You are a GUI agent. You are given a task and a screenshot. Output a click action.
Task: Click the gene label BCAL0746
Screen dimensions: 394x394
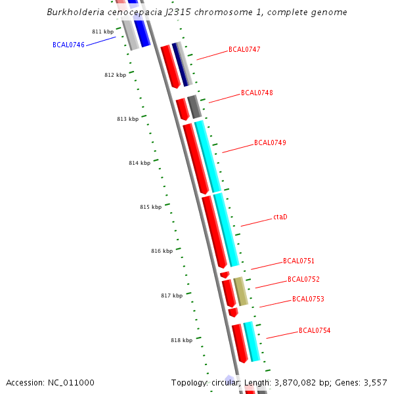point(68,45)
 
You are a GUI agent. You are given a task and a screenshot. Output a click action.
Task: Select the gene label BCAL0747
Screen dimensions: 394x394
point(244,49)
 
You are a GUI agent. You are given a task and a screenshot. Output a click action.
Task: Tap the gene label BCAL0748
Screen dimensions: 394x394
point(257,93)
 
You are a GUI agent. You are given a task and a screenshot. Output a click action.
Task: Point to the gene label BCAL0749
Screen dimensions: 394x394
point(270,142)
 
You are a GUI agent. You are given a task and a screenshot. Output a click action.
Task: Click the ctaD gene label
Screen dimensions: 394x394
point(280,217)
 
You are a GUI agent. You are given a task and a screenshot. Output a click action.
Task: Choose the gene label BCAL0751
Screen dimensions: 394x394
point(299,261)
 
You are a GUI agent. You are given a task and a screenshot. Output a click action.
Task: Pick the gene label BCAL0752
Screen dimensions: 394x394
point(303,279)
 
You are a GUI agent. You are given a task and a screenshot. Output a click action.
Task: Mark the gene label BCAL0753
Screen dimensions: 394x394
point(308,299)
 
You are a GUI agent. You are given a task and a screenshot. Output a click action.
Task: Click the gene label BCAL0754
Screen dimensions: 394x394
point(315,330)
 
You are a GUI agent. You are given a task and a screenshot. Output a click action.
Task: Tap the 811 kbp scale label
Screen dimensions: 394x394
point(102,32)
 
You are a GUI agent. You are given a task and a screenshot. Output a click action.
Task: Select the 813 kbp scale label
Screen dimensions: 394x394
point(127,119)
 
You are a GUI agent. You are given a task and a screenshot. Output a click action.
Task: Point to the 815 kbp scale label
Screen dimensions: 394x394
point(150,207)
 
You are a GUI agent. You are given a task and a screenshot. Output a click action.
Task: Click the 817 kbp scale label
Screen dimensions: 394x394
point(171,295)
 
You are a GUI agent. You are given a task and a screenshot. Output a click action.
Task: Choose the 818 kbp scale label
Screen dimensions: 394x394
point(181,340)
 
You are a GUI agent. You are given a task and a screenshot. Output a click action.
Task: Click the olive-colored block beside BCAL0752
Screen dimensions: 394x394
point(241,292)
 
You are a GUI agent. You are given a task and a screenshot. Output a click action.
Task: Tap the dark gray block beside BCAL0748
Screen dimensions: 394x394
point(194,106)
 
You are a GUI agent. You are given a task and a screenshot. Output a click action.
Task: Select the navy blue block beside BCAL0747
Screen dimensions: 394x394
point(180,64)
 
